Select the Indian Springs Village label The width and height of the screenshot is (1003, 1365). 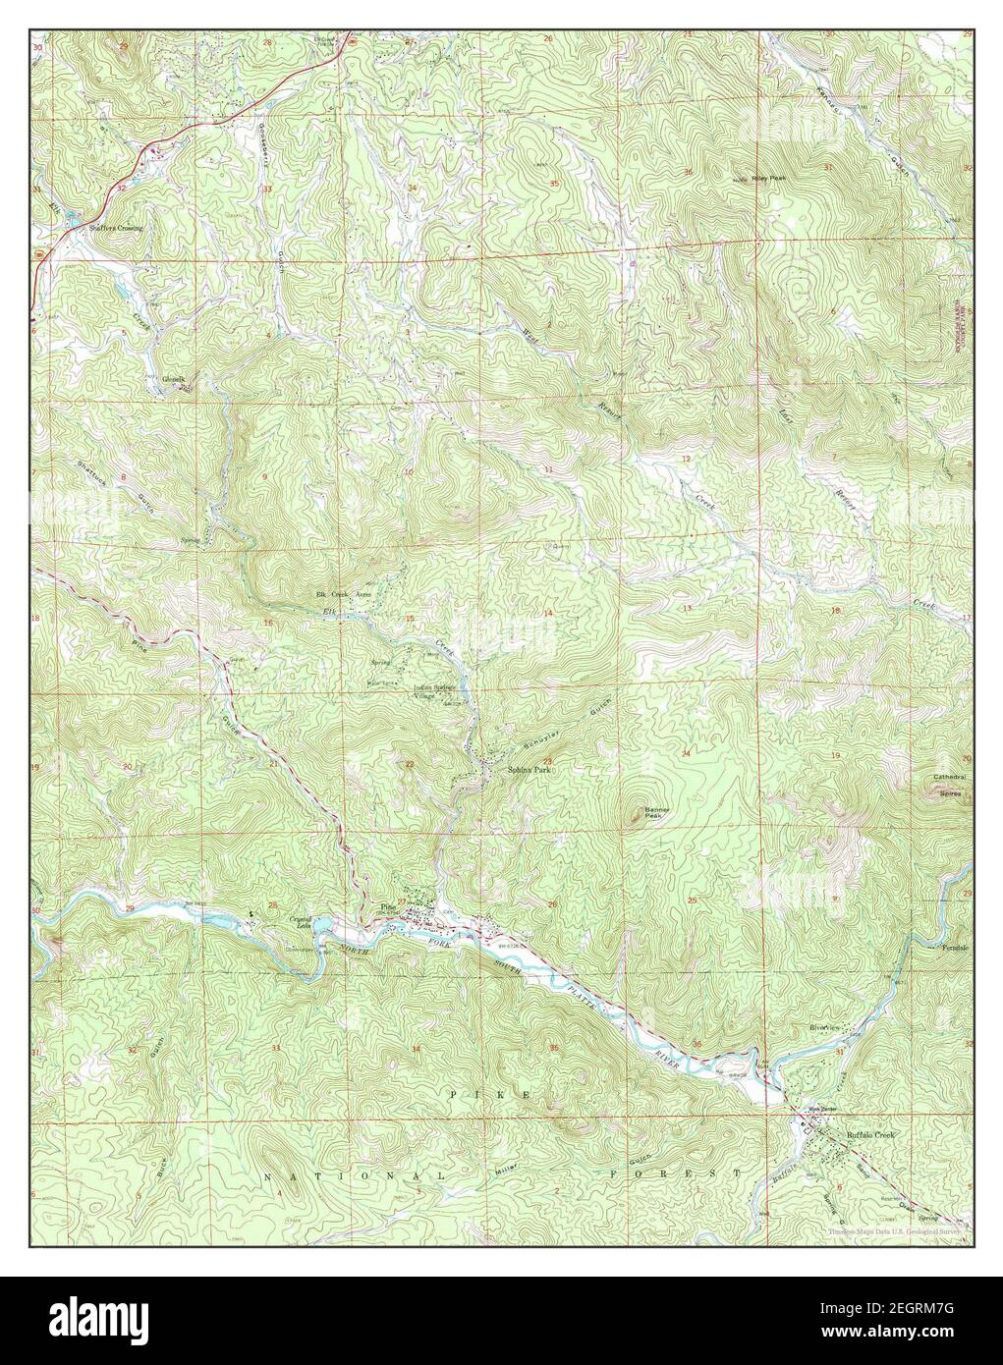point(438,691)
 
